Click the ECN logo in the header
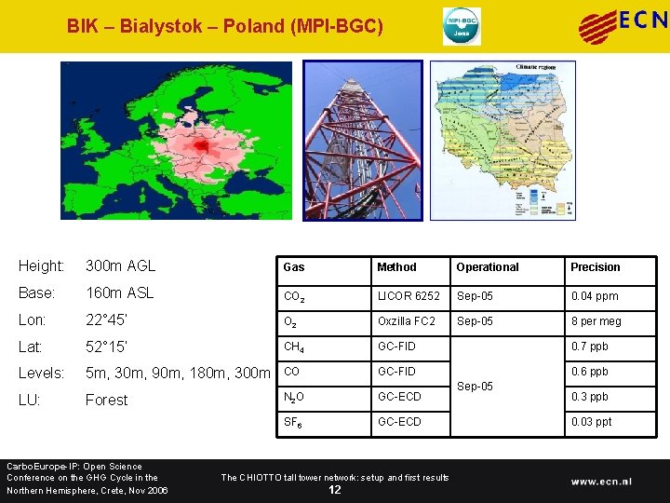623,25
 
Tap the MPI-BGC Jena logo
462,26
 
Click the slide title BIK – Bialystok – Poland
224,26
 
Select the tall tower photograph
361,140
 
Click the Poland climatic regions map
502,140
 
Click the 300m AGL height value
120,265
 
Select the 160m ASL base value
120,292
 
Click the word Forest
106,400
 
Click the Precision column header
595,267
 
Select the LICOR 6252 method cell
409,296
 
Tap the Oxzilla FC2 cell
406,321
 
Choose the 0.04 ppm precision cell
594,296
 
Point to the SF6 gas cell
293,422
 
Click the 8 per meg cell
596,321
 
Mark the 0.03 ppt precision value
591,422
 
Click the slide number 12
335,490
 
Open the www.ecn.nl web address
601,482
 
